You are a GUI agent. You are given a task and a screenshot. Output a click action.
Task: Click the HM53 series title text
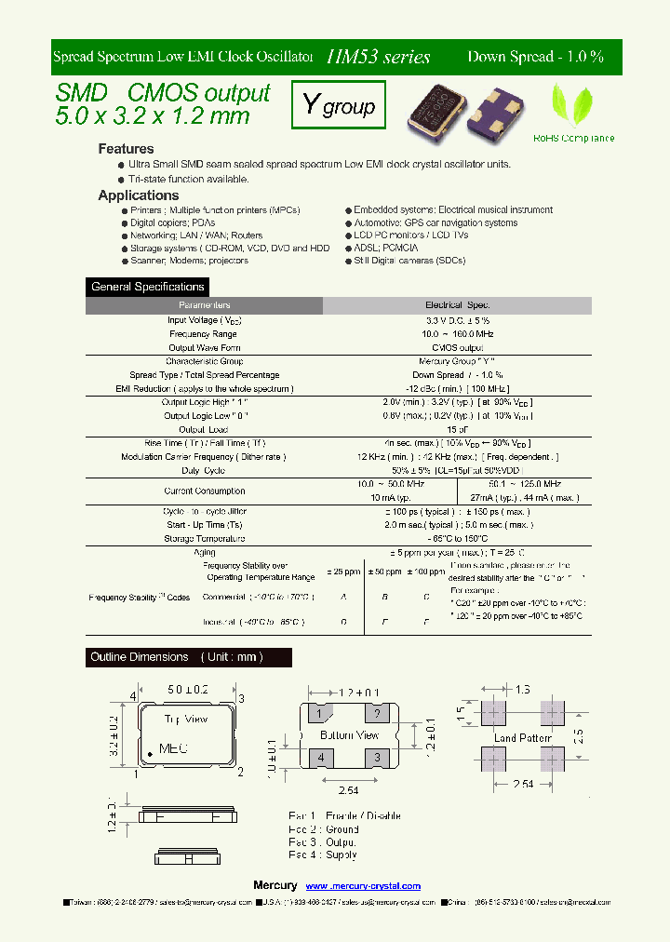pyautogui.click(x=378, y=57)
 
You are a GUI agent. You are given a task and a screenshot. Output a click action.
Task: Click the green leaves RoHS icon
pyautogui.click(x=572, y=105)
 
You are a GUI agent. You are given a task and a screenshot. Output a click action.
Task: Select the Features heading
pyautogui.click(x=126, y=149)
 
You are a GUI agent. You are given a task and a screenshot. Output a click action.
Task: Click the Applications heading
pyautogui.click(x=138, y=195)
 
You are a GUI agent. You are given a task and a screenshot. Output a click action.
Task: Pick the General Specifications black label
pyautogui.click(x=148, y=287)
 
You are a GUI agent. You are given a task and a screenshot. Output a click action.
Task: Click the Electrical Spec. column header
pyautogui.click(x=457, y=305)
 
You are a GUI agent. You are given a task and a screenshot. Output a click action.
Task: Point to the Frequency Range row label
pyautogui.click(x=203, y=333)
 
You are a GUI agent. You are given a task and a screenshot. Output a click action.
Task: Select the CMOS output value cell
pyautogui.click(x=457, y=347)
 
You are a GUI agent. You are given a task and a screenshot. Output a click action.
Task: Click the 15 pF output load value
pyautogui.click(x=457, y=430)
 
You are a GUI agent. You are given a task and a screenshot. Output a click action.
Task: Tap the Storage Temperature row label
pyautogui.click(x=204, y=539)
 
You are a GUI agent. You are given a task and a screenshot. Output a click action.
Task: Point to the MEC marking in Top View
pyautogui.click(x=174, y=747)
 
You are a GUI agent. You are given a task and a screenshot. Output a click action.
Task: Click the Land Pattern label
pyautogui.click(x=522, y=738)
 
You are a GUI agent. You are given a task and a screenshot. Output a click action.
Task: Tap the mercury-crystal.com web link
pyautogui.click(x=363, y=886)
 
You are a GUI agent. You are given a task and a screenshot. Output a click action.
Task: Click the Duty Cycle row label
pyautogui.click(x=203, y=471)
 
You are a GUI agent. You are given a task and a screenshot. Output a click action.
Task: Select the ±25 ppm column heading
pyautogui.click(x=343, y=571)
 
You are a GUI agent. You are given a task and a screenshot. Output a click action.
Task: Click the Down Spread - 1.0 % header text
pyautogui.click(x=535, y=57)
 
